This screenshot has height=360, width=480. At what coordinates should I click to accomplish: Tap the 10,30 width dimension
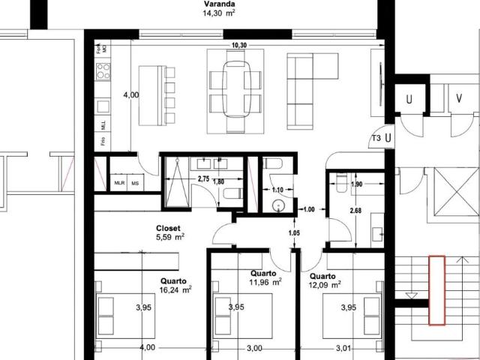(x=240, y=46)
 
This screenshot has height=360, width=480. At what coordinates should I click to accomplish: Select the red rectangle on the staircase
(x=436, y=290)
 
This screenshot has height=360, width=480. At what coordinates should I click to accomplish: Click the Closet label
(x=169, y=227)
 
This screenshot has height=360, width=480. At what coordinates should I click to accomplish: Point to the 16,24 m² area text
(x=175, y=287)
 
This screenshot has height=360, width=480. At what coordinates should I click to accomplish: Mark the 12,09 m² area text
(x=324, y=285)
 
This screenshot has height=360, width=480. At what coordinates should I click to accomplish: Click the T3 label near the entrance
(x=376, y=138)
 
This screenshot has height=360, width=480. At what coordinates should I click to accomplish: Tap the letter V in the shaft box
(x=457, y=98)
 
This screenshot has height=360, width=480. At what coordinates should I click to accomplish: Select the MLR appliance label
(x=118, y=182)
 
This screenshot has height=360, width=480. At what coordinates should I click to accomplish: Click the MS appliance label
(x=136, y=182)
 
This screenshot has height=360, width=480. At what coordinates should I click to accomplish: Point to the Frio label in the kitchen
(x=102, y=140)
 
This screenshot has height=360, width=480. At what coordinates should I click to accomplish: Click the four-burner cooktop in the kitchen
(x=103, y=73)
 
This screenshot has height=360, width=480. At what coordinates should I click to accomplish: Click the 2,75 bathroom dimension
(x=202, y=178)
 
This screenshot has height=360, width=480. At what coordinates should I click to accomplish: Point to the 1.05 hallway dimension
(x=295, y=232)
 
